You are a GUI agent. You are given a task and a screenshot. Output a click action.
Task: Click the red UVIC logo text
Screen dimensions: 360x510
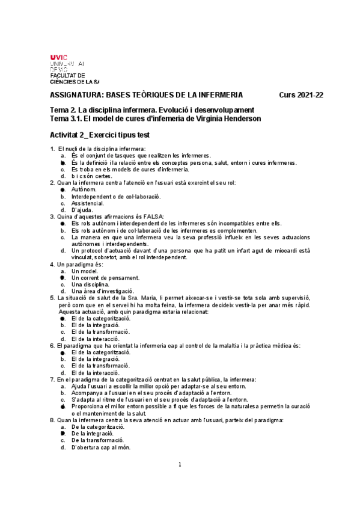[x=59, y=57]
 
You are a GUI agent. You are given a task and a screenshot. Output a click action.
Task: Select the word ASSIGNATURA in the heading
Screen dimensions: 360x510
[x=75, y=95]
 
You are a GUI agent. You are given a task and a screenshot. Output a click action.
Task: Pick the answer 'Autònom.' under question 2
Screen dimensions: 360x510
[x=83, y=189]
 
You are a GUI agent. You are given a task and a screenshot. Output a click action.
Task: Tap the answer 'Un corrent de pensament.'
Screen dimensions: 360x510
[x=105, y=278]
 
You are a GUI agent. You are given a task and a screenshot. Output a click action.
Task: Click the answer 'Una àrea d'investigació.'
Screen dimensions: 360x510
[x=102, y=291]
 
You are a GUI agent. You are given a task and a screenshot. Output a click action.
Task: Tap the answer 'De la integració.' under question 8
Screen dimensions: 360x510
[x=93, y=434]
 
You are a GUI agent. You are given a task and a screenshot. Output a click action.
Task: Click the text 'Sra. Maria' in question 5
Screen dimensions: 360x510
[x=142, y=298]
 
